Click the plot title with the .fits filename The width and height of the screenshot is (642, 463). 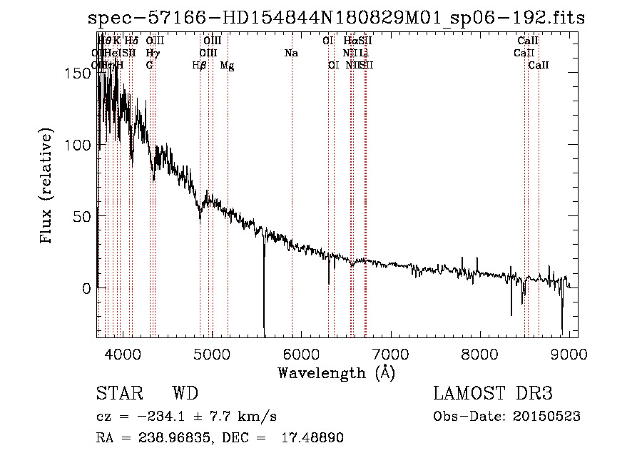click(x=335, y=18)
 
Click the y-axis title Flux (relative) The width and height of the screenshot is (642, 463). click(x=47, y=188)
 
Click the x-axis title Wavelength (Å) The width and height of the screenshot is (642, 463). click(x=336, y=372)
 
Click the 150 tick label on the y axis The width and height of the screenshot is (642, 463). click(x=81, y=73)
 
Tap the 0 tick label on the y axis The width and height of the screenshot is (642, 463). click(x=88, y=288)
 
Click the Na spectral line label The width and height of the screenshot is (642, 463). click(x=291, y=54)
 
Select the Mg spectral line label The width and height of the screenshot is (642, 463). click(x=227, y=66)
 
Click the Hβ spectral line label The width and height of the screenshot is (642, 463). click(x=200, y=66)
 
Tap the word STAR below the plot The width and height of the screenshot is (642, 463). click(x=119, y=394)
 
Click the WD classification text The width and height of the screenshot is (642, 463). click(x=185, y=394)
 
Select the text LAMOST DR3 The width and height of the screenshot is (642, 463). click(x=493, y=394)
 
